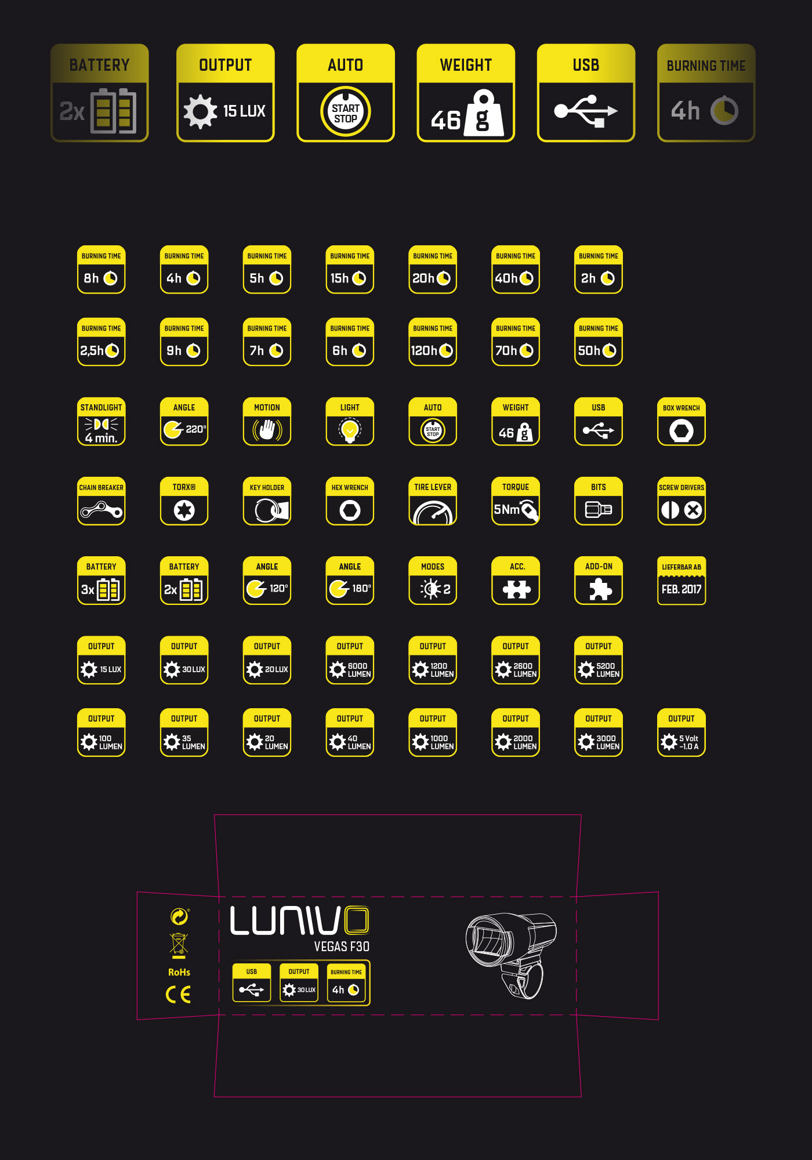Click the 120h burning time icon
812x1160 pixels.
pos(433,342)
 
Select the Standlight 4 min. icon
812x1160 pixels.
pos(101,422)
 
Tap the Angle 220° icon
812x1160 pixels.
pos(184,422)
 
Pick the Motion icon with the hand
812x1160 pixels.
pos(267,422)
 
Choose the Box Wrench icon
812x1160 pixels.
pos(681,422)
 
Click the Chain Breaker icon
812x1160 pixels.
pos(101,501)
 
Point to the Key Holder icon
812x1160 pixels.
pos(267,501)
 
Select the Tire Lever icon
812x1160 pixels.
pos(433,501)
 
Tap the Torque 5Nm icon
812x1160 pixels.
pos(516,501)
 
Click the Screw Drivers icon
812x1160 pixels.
pos(681,501)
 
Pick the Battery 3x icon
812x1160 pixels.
pos(101,581)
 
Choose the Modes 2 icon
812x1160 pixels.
pos(433,581)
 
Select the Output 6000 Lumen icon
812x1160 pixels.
pos(350,661)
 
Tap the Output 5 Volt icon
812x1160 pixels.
pos(681,733)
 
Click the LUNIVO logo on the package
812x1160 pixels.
pos(299,920)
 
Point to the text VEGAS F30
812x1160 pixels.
pos(342,947)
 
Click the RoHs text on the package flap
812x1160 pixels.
pos(179,972)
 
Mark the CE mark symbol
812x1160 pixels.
pos(178,995)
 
